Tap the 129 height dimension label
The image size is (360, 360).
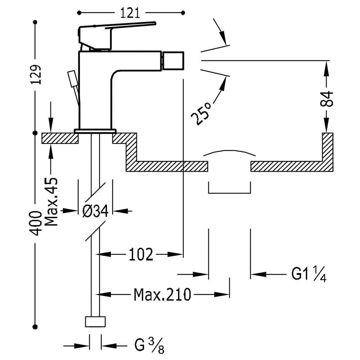pos(36,75)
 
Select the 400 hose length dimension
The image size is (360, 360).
pos(36,223)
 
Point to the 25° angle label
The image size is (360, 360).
pos(201,113)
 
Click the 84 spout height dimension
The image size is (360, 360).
pos(327,99)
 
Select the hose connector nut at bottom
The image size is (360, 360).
pos(95,321)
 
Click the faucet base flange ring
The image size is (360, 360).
pos(95,130)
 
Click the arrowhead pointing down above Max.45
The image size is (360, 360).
pos(50,126)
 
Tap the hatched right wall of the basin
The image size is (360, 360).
pos(328,148)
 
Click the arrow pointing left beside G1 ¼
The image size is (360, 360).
pos(258,274)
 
